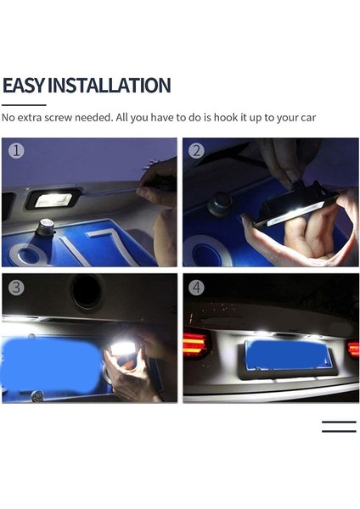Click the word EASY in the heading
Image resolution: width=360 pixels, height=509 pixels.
pyautogui.click(x=23, y=86)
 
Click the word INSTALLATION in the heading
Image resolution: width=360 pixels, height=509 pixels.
pyautogui.click(x=109, y=86)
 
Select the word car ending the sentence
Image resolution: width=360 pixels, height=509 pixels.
pyautogui.click(x=307, y=117)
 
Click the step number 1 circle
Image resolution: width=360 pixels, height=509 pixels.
pyautogui.click(x=16, y=152)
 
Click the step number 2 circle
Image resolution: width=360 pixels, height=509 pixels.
pyautogui.click(x=197, y=152)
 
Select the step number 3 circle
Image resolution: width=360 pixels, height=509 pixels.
pyautogui.click(x=16, y=288)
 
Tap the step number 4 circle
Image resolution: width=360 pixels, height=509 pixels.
pyautogui.click(x=197, y=288)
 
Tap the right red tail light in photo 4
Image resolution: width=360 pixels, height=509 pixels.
pyautogui.click(x=352, y=348)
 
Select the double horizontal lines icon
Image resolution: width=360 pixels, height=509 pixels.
pyautogui.click(x=339, y=427)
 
